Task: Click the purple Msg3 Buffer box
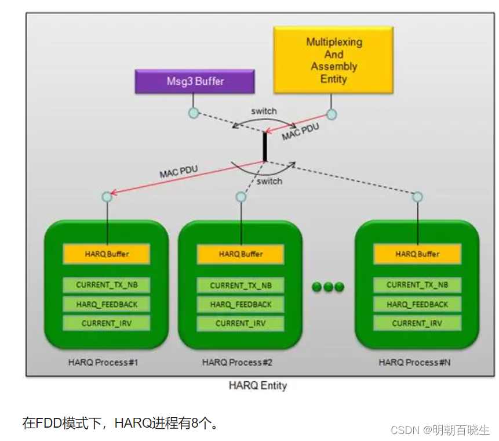(x=195, y=81)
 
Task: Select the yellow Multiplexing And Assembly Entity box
(x=333, y=60)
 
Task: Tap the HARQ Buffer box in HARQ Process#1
(x=107, y=254)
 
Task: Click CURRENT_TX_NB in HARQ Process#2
(x=241, y=285)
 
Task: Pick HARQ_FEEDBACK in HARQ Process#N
(x=417, y=304)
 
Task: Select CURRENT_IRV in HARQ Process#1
(x=107, y=323)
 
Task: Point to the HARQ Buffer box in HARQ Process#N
(x=417, y=254)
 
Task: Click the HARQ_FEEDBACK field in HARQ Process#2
(x=241, y=304)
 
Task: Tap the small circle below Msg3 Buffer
(x=194, y=113)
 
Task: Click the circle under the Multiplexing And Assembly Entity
(x=332, y=114)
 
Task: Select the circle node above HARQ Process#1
(x=107, y=197)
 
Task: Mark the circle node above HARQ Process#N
(x=417, y=197)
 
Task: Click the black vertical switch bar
(x=265, y=147)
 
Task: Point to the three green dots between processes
(x=328, y=287)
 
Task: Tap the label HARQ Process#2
(x=237, y=362)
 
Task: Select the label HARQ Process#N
(x=414, y=362)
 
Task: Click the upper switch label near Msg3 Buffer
(x=264, y=111)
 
